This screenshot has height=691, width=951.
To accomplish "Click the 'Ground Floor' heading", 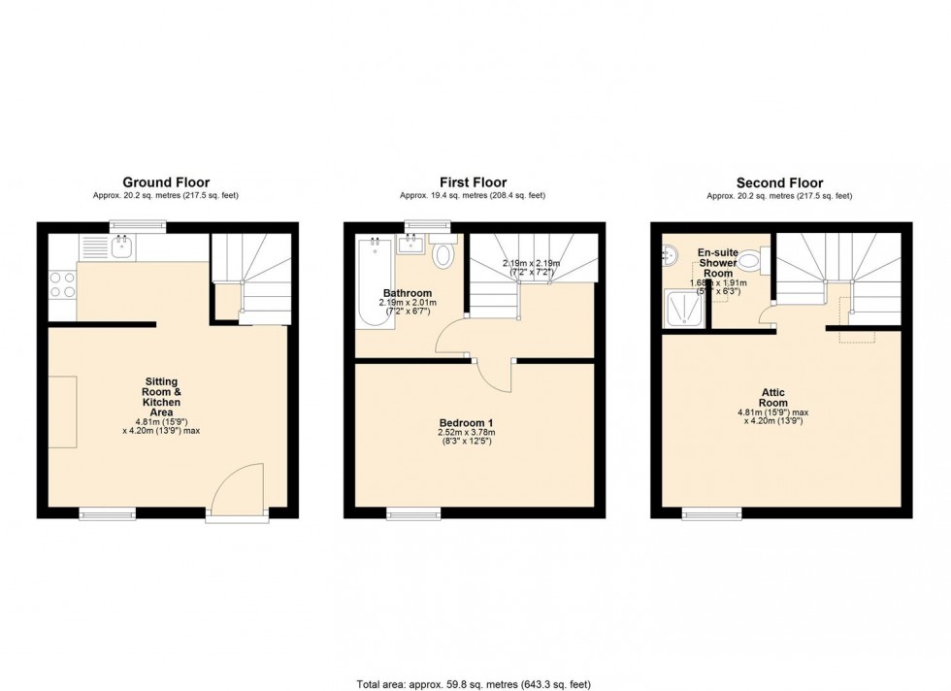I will tap(165, 182).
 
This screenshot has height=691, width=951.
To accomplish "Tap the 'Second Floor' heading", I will tap(779, 182).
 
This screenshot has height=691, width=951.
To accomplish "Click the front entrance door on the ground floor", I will tap(238, 490).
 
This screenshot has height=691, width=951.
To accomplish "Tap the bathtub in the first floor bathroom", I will tap(371, 282).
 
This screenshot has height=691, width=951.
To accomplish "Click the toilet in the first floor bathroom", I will tap(443, 255).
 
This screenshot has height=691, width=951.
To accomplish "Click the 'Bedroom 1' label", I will tap(468, 423).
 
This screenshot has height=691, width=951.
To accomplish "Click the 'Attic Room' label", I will tap(773, 397).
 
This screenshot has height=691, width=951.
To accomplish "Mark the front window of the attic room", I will tap(711, 512).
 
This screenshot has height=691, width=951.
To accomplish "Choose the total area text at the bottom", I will tap(475, 683).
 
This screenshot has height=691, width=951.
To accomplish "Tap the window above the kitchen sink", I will tap(136, 227).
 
